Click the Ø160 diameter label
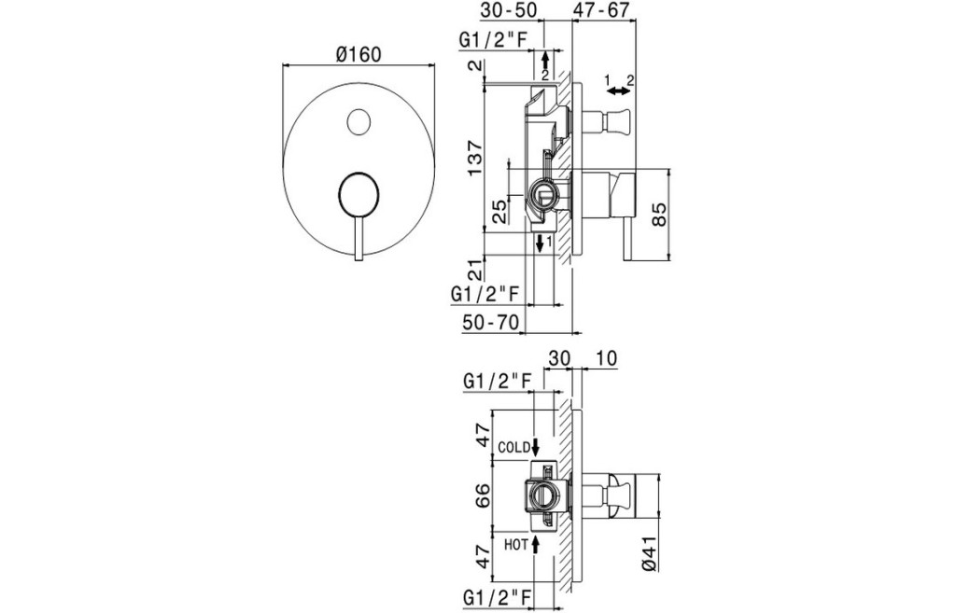pos(358,54)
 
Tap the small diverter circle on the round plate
pos(358,121)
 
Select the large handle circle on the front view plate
pos(358,196)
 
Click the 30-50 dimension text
pos(510,10)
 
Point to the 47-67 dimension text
pos(602,10)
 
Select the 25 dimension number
pos(499,209)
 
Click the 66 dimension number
pos(485,495)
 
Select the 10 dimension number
pos(604,358)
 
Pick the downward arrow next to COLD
pos(536,447)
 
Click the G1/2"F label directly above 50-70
pos(485,294)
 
